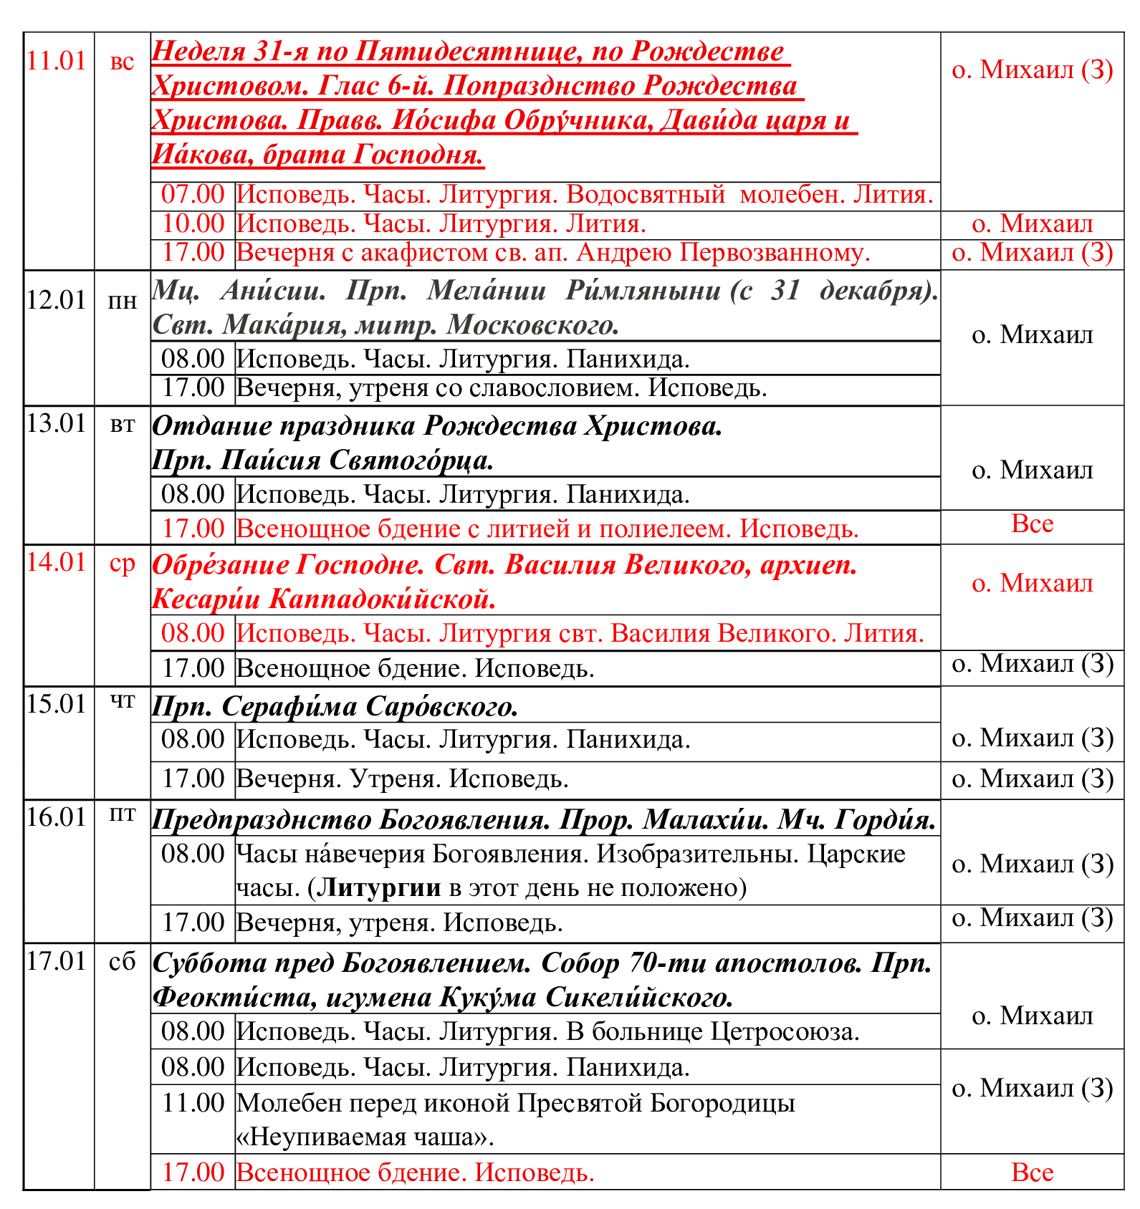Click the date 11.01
(x=56, y=62)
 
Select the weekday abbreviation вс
(x=123, y=62)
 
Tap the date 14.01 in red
(x=56, y=562)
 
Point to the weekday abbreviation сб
(x=123, y=961)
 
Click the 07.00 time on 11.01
(x=193, y=194)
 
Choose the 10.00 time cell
(x=193, y=223)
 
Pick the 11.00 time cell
(x=193, y=1102)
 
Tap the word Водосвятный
(x=646, y=195)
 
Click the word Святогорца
(x=411, y=460)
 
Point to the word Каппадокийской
(x=382, y=599)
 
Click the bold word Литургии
(x=379, y=887)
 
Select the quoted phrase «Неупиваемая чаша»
(x=365, y=1137)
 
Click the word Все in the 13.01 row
(x=1032, y=524)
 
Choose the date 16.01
(x=56, y=817)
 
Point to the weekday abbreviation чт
(x=123, y=702)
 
